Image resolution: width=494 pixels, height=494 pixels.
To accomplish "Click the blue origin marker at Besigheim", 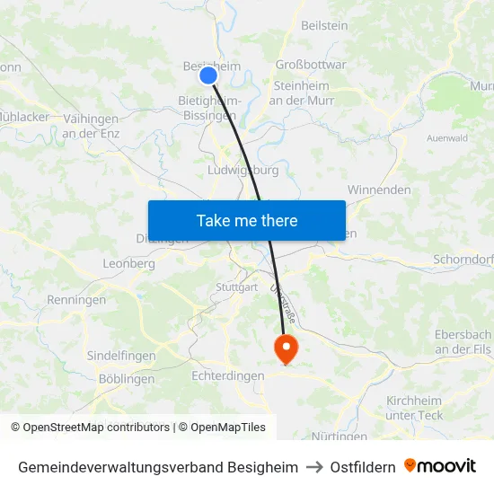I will pyautogui.click(x=208, y=75).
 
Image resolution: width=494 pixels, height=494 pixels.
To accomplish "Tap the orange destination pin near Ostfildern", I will pyautogui.click(x=286, y=348).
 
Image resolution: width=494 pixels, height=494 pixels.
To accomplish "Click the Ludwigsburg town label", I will pyautogui.click(x=243, y=170).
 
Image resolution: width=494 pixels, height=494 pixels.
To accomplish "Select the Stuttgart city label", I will pyautogui.click(x=236, y=287).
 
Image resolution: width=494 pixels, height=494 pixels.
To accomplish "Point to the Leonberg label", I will pyautogui.click(x=129, y=264).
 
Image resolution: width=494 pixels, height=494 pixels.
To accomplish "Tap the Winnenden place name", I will pyautogui.click(x=379, y=190).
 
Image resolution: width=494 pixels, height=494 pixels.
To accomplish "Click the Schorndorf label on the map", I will pyautogui.click(x=463, y=260).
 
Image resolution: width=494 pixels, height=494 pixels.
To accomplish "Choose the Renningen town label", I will pyautogui.click(x=76, y=300).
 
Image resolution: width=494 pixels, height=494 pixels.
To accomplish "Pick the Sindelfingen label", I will pyautogui.click(x=121, y=356).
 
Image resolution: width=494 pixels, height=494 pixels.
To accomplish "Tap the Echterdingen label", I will pyautogui.click(x=228, y=376).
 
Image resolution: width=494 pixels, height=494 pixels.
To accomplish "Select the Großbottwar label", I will pyautogui.click(x=311, y=65).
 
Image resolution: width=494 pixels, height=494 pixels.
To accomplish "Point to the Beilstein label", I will pyautogui.click(x=324, y=26).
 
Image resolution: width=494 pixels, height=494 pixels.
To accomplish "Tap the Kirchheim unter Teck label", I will pyautogui.click(x=415, y=408).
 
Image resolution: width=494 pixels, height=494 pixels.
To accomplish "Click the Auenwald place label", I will pyautogui.click(x=446, y=139).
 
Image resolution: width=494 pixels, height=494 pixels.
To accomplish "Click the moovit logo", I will pyautogui.click(x=440, y=466).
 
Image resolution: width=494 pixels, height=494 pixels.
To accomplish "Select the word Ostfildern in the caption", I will pyautogui.click(x=363, y=467).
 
